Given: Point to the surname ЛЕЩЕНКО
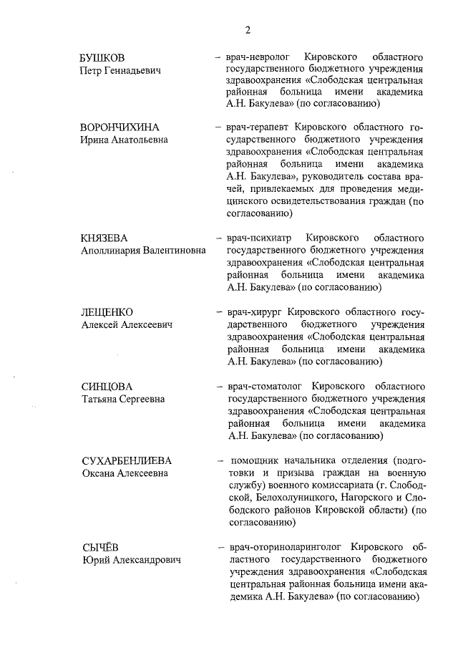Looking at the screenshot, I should [x=107, y=312].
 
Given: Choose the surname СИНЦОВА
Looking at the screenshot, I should [x=107, y=387].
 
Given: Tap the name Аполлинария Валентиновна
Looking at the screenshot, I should [x=143, y=251].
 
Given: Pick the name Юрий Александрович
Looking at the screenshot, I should [x=130, y=560].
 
